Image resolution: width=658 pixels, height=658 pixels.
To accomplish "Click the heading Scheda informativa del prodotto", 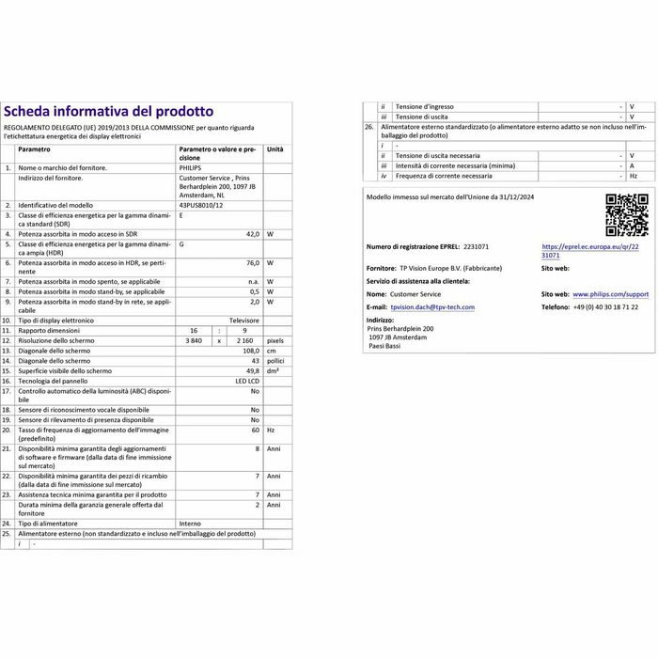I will [x=109, y=112].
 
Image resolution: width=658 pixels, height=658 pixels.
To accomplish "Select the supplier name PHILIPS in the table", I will [x=190, y=168].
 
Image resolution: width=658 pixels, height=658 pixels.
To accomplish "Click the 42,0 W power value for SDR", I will [x=252, y=233].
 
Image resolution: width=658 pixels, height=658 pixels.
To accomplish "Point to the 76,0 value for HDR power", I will [x=252, y=263].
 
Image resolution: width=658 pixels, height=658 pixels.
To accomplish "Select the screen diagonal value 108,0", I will [x=249, y=352].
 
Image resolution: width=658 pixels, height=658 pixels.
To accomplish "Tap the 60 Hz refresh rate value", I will [x=254, y=429].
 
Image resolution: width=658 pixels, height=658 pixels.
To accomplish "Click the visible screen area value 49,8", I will [x=251, y=372].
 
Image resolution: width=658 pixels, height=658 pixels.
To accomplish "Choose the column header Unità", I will [x=274, y=149].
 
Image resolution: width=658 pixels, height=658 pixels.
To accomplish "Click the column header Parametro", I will [x=34, y=149].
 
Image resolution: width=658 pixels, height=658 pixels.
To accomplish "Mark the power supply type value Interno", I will [x=191, y=523].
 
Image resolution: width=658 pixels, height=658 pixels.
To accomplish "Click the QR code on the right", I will [x=626, y=214].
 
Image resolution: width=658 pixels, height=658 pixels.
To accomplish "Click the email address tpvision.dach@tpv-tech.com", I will [x=433, y=307].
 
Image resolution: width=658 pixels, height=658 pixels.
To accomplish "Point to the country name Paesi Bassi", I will [x=385, y=345].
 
